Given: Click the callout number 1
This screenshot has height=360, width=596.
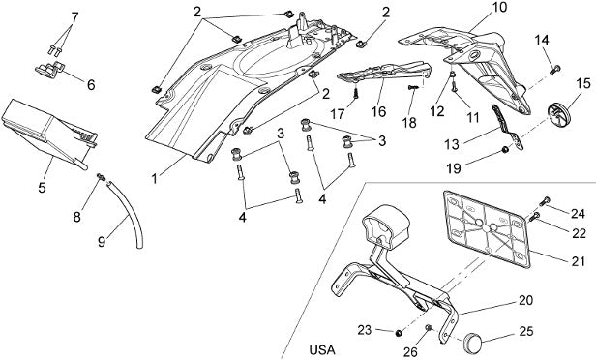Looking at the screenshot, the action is click(x=155, y=179).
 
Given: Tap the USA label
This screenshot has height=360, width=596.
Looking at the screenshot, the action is click(x=322, y=349).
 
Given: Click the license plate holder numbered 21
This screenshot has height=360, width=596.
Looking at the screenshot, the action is click(x=487, y=228).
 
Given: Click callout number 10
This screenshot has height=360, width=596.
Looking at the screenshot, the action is click(x=500, y=7).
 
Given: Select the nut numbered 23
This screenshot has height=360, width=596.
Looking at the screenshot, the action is click(x=399, y=333).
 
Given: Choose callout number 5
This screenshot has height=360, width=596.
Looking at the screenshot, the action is click(x=42, y=187).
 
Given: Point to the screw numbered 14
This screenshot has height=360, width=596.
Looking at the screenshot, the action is click(x=555, y=69).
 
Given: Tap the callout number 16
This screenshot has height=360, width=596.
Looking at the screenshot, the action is click(x=379, y=111).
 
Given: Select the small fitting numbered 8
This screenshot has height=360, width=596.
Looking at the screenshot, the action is click(x=101, y=177).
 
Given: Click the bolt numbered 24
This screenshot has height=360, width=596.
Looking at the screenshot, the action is click(x=545, y=200).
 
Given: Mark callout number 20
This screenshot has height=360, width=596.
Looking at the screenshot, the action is click(x=525, y=300).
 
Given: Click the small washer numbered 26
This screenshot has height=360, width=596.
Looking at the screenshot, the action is click(x=428, y=328).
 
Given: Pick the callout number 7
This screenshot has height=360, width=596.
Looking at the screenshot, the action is click(x=74, y=17).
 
